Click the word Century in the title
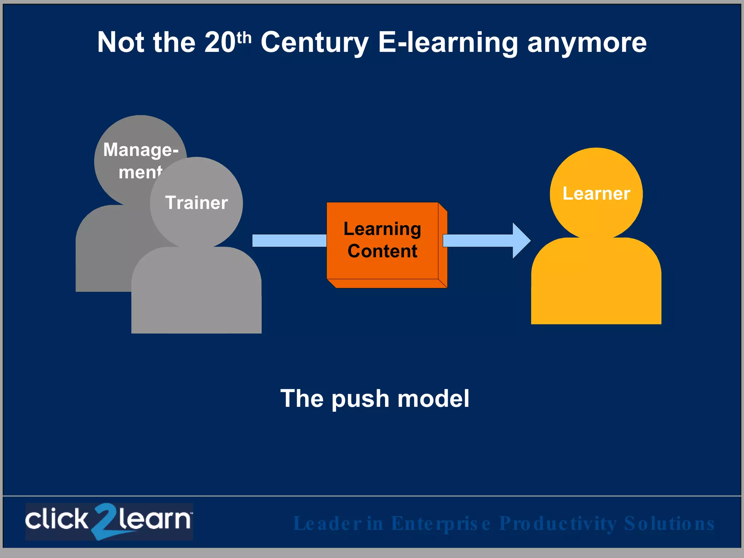(x=315, y=43)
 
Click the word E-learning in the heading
(x=448, y=43)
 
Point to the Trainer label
(x=196, y=203)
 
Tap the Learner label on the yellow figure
(x=596, y=194)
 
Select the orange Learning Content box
(x=383, y=240)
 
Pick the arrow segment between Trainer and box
(x=289, y=240)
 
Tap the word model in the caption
(x=433, y=399)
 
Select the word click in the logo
(x=57, y=519)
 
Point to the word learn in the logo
(x=154, y=519)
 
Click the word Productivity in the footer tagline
(x=558, y=523)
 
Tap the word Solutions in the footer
(x=669, y=523)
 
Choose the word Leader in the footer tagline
(x=327, y=523)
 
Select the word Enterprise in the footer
(x=441, y=523)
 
